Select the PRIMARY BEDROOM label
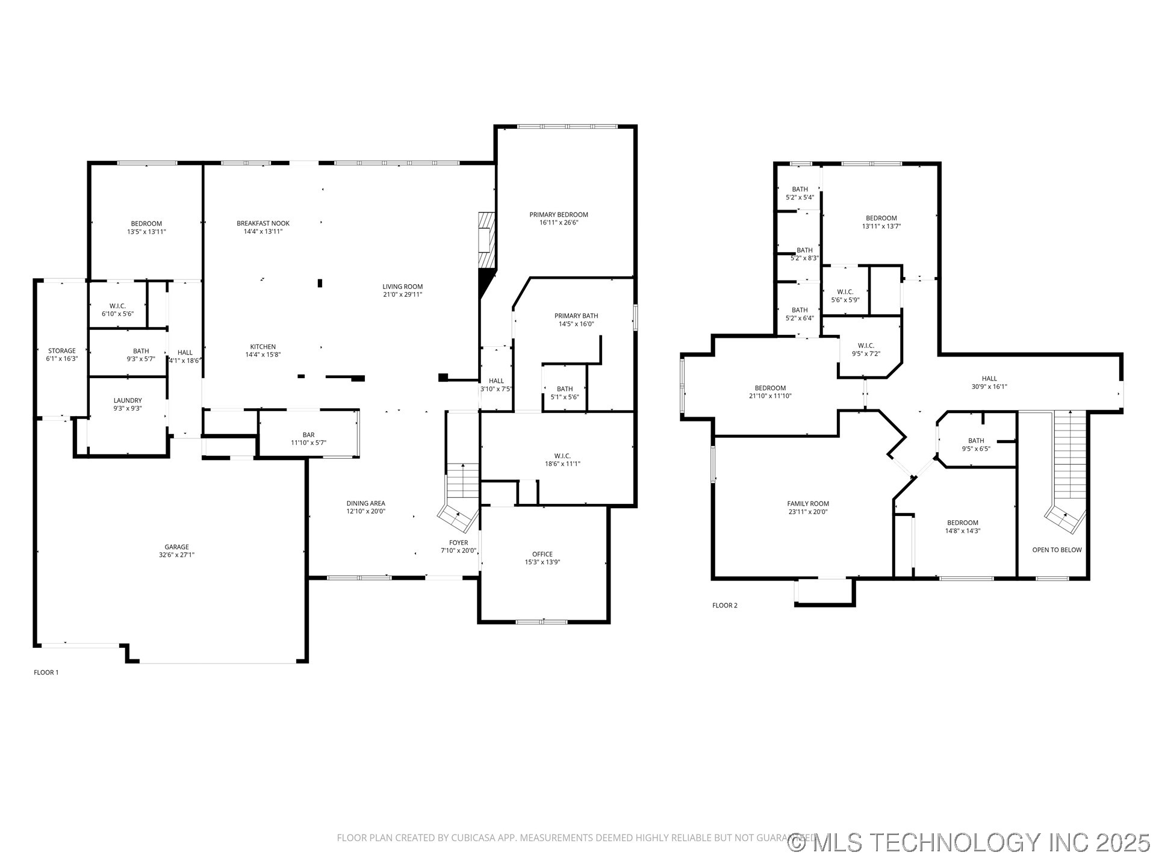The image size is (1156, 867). (x=558, y=214)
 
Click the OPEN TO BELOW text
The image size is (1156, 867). (x=1057, y=550)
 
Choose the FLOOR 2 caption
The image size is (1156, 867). (x=724, y=605)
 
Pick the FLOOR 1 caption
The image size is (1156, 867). (x=46, y=672)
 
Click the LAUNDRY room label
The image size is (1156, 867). (x=128, y=400)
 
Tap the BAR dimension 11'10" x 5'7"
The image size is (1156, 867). (x=308, y=443)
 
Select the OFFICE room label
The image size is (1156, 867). (x=542, y=554)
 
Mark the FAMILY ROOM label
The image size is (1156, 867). (x=807, y=503)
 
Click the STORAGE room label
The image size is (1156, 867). (x=61, y=350)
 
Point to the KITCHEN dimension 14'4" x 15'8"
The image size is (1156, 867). (x=263, y=355)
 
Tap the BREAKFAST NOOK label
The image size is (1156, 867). (x=263, y=223)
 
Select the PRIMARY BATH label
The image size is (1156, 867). (x=576, y=315)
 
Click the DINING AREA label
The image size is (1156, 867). (x=365, y=503)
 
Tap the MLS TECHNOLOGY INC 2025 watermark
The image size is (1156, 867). (x=969, y=842)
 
